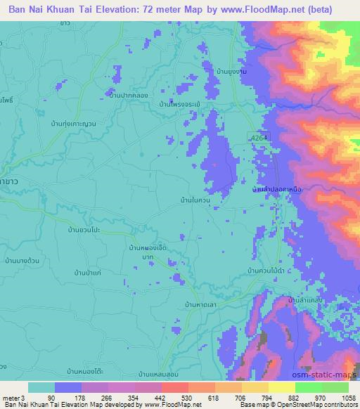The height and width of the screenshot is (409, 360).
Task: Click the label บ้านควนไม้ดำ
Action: [x=266, y=270]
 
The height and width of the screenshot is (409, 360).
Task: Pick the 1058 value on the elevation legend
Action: [x=347, y=398]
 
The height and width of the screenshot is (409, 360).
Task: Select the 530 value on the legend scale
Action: [x=186, y=398]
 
